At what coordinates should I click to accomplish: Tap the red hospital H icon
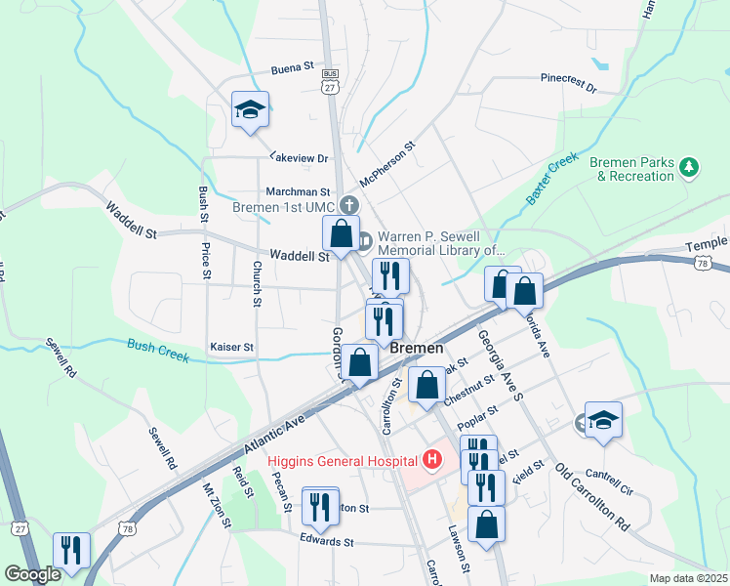(431, 459)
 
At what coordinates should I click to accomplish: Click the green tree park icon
(691, 168)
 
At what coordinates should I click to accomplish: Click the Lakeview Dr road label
(300, 157)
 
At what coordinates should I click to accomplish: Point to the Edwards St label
(326, 540)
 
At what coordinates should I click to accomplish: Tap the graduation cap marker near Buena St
(250, 109)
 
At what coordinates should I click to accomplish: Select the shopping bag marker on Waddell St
(341, 234)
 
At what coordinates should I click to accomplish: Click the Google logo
(32, 574)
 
